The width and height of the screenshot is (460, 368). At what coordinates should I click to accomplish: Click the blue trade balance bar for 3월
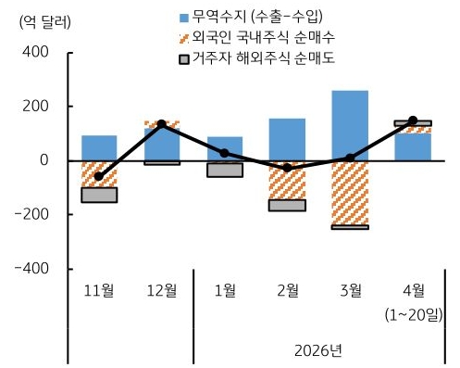[349, 125]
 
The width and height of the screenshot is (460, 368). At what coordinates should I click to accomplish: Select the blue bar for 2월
[287, 139]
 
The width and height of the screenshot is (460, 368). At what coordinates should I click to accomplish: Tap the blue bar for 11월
[99, 147]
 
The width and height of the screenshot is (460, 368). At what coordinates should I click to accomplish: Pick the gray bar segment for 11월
[99, 195]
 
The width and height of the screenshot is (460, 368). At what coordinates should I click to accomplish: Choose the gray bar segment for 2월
[287, 205]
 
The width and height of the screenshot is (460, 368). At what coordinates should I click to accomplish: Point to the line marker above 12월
[161, 123]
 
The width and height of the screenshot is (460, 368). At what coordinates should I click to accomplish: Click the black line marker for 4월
[412, 121]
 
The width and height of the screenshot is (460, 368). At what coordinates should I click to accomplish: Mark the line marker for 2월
[287, 168]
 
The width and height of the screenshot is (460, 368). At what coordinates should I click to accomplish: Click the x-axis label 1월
[224, 290]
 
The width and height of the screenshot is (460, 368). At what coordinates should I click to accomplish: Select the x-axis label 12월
[161, 290]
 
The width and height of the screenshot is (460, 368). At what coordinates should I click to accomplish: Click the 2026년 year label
[318, 350]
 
